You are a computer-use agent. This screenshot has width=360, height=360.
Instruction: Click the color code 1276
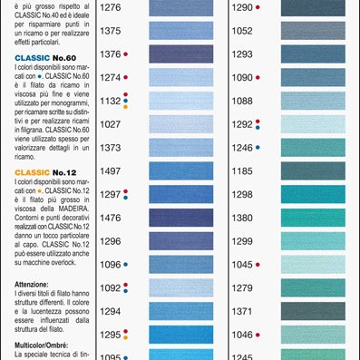(110, 7)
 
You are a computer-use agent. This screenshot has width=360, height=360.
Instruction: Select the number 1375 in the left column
(110, 31)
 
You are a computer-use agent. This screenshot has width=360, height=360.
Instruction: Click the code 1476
(110, 218)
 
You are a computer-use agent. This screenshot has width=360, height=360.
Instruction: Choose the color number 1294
(110, 311)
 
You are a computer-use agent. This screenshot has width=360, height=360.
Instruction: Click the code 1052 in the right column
(242, 31)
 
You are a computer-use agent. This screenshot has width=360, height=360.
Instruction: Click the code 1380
(242, 218)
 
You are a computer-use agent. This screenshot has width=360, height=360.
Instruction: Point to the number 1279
(242, 288)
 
